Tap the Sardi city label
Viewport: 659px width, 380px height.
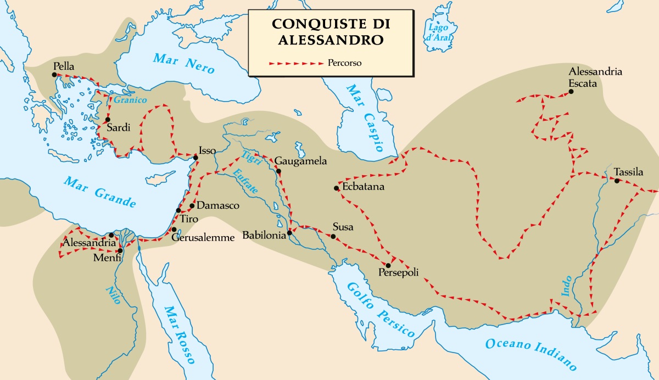(x=118, y=128)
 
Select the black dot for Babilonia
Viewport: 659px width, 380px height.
(x=289, y=233)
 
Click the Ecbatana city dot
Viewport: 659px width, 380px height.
(x=336, y=188)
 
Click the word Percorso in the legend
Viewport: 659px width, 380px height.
(x=344, y=63)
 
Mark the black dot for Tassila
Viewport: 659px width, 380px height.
(x=617, y=181)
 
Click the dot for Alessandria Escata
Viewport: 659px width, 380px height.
(x=571, y=92)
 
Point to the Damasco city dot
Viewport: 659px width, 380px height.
(x=192, y=206)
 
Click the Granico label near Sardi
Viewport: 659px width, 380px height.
(x=130, y=100)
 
